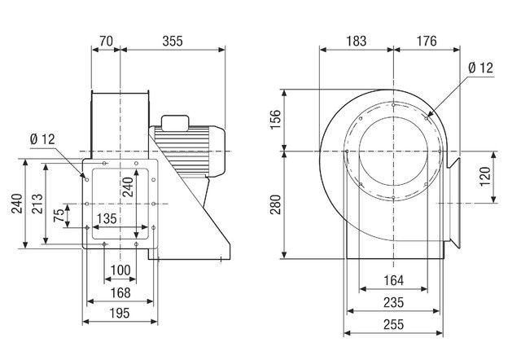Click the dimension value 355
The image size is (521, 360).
pos(173,41)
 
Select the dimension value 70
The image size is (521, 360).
pos(107,41)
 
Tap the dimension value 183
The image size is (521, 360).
pos(357,41)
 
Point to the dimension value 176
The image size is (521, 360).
pos(427,41)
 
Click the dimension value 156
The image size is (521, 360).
pos(275,120)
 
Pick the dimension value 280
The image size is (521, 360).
pos(275,204)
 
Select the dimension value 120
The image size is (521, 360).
pos(485,177)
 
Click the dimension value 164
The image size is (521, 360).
pos(393,280)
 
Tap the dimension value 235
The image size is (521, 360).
pos(393,302)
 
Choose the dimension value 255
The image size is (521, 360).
pos(393,324)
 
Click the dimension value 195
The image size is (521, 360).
pos(120,313)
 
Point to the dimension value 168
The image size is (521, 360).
pos(120,293)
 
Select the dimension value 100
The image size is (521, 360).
pos(120,270)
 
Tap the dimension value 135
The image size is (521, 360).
pos(107,219)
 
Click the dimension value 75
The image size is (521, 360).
pos(59,215)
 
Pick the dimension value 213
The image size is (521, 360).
pos(37,204)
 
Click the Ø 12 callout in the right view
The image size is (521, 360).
pos(480,68)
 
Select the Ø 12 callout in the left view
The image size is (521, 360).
pos(42,139)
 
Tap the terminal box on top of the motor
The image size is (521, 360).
pos(175,121)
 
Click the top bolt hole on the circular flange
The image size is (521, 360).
pos(393,105)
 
